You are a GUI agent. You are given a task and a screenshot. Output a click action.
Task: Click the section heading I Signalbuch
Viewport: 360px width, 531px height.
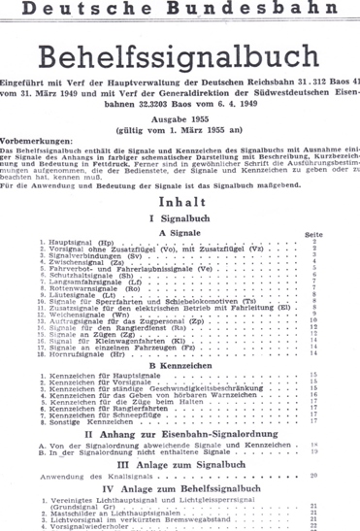pos(180,220)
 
